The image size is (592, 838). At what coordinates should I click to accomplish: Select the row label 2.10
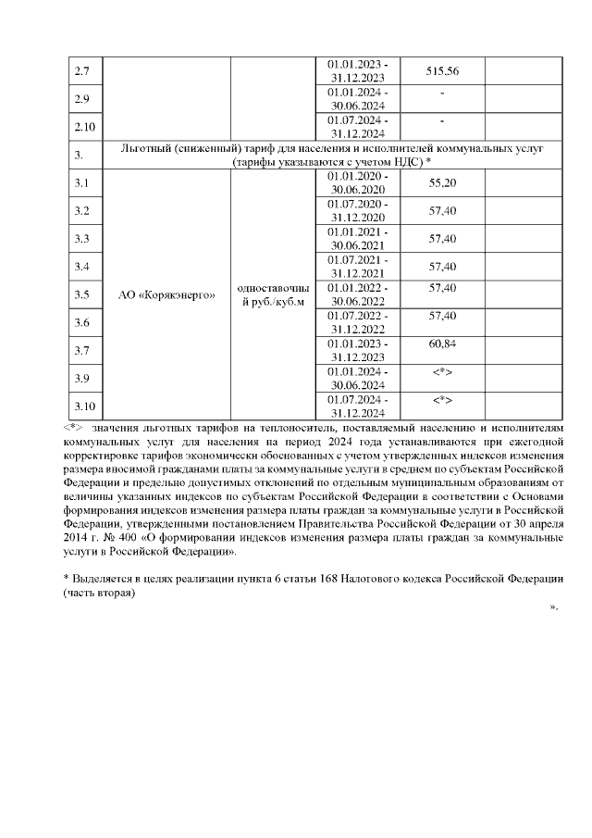coord(84,127)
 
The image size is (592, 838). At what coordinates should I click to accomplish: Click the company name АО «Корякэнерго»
coord(168,295)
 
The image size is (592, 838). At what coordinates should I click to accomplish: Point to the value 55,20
coord(443,183)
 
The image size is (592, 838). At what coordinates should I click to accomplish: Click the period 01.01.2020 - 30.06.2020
coord(358,183)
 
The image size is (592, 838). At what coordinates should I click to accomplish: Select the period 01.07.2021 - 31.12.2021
coord(358,267)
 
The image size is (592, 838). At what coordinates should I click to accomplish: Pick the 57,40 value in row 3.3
coord(443,239)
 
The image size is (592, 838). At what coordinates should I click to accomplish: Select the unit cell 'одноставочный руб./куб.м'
coord(272,295)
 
